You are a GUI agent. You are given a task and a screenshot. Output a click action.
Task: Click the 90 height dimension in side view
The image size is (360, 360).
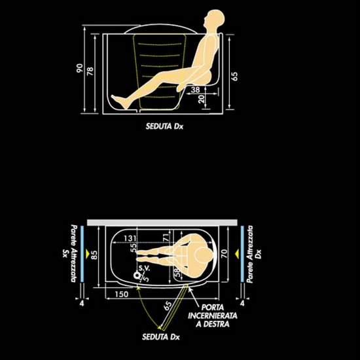79,69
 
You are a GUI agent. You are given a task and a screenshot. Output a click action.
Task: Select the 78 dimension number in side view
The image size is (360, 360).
90,71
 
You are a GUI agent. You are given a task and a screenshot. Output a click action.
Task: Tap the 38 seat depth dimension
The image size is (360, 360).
196,90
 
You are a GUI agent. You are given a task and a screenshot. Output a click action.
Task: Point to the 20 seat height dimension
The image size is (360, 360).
201,99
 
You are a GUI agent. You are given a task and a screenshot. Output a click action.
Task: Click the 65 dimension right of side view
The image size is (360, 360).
234,76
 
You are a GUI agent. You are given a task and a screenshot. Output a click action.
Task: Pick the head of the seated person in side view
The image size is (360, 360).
214,19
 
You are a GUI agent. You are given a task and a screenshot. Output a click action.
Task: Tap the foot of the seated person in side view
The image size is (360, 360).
120,101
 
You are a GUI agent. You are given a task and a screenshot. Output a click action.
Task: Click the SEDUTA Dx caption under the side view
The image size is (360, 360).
164,126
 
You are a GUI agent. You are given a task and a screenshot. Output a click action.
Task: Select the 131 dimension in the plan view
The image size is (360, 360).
130,238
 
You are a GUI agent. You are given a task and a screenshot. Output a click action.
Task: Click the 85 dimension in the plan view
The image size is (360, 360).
94,255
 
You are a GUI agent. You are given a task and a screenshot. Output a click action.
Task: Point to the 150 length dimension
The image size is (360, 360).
122,294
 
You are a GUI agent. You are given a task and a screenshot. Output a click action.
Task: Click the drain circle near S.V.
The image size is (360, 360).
137,276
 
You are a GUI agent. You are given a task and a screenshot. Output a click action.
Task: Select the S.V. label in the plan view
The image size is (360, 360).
145,268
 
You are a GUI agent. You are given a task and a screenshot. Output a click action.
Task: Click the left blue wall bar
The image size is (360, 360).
82,254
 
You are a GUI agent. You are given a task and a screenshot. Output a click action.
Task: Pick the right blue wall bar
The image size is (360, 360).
242,254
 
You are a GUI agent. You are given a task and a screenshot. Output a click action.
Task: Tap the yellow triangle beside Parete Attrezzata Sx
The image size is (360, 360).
87,253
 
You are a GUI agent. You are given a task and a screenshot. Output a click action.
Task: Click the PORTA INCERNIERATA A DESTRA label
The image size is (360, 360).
213,315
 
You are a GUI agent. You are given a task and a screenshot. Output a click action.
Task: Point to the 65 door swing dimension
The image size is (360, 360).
168,306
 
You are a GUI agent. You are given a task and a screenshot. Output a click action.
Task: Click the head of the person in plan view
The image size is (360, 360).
204,255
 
